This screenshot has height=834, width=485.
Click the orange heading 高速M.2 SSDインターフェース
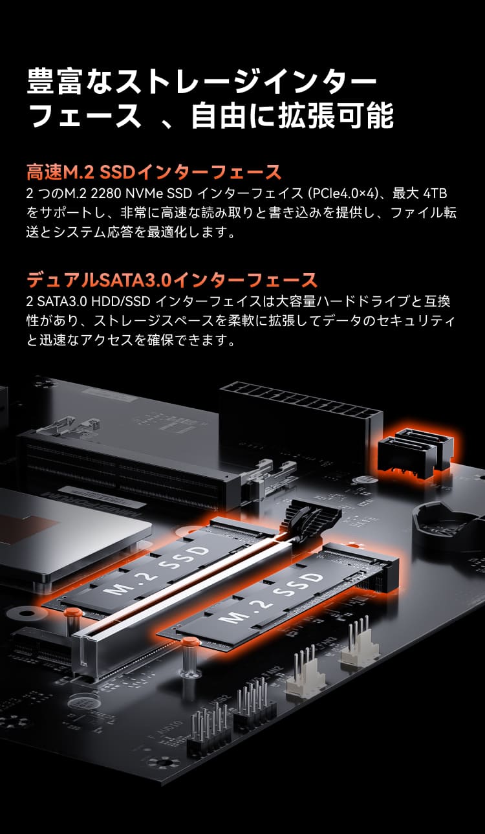(154, 172)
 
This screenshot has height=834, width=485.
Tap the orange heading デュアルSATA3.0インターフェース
(171, 280)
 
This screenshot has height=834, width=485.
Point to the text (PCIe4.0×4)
(343, 193)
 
